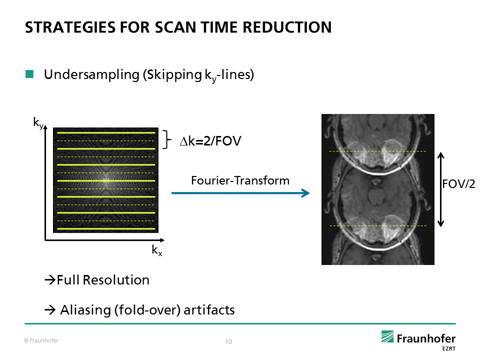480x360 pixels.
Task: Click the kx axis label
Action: (x=156, y=251)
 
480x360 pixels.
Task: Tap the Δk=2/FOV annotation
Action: (x=210, y=142)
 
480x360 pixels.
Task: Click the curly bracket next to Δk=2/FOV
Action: (x=167, y=140)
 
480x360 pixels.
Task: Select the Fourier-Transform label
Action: (x=240, y=180)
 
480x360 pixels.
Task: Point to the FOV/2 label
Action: (x=458, y=184)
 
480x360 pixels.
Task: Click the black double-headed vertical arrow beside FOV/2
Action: (x=441, y=189)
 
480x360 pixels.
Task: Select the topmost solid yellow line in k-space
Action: (x=105, y=133)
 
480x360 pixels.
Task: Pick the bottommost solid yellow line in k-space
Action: (x=105, y=229)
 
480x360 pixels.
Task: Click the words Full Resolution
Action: (x=103, y=280)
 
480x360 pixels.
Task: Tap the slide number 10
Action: (x=228, y=342)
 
